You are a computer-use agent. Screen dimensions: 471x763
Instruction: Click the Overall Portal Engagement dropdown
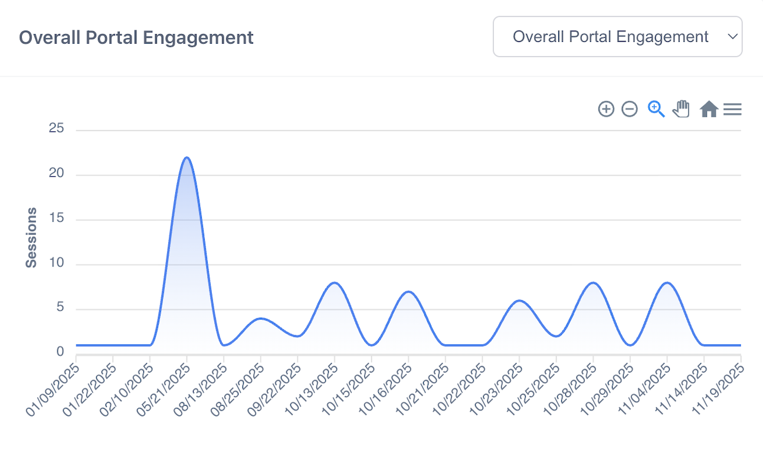(617, 37)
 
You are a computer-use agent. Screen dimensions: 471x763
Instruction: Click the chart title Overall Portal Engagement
(136, 38)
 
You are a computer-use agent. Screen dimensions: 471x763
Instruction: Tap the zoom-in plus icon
(606, 109)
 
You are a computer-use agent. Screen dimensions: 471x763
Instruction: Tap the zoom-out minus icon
(630, 109)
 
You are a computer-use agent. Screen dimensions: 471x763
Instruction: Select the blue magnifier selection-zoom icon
(656, 109)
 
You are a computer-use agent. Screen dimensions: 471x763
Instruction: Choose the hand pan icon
(682, 109)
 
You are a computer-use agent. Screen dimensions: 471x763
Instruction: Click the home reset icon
(708, 109)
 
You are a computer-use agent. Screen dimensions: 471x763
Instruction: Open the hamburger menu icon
(732, 109)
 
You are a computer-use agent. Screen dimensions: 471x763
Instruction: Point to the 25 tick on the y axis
(56, 129)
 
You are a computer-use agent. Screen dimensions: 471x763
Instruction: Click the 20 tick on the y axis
(56, 174)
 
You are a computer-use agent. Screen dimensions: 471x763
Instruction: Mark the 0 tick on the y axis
(60, 352)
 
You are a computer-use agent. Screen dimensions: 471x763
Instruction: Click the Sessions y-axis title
(31, 238)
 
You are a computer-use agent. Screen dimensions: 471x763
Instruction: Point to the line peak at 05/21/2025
(187, 157)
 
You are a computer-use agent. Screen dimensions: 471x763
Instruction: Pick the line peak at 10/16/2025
(409, 292)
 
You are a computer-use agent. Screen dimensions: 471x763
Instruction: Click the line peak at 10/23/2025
(519, 301)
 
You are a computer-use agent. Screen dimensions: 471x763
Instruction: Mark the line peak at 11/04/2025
(667, 283)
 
